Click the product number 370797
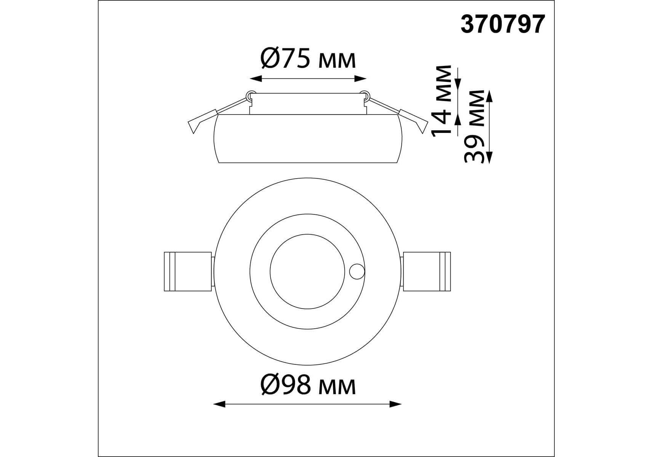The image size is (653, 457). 503,25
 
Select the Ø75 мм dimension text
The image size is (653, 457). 308,59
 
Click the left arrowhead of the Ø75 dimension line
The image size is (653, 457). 255,79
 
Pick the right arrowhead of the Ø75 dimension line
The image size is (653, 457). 360,79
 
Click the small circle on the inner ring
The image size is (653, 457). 357,272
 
